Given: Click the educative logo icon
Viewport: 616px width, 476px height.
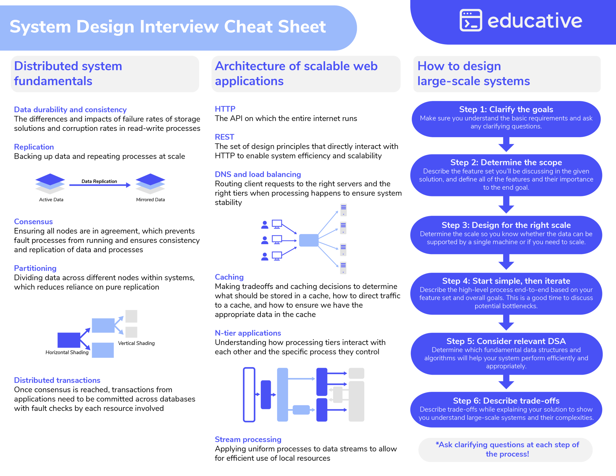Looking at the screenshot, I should tap(470, 20).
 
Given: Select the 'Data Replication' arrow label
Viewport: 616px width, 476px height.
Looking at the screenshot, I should tap(99, 181).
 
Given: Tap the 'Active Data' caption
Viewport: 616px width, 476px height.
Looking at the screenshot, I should tap(51, 200).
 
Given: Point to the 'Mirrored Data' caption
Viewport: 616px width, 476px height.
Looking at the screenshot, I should tap(150, 200).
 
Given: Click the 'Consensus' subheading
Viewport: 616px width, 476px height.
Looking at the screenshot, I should tap(33, 222).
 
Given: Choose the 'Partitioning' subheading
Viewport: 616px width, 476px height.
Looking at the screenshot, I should tap(35, 268).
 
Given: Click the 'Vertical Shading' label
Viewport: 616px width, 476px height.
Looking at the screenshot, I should tap(136, 343).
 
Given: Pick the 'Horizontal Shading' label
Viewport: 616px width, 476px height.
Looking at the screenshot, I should tap(67, 352).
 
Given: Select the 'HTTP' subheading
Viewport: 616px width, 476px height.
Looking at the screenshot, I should tap(225, 109).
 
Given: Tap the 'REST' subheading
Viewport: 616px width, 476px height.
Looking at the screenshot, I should tap(224, 137).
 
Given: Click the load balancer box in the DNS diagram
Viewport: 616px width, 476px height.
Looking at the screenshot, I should tap(309, 240).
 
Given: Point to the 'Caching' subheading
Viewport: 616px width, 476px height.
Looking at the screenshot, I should tap(229, 277).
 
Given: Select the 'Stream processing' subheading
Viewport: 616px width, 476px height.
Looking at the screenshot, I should tap(248, 439).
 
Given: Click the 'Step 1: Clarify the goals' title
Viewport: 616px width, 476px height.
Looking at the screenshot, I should tap(506, 109).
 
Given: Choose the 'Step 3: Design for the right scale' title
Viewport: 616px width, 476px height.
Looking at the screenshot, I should tap(506, 225).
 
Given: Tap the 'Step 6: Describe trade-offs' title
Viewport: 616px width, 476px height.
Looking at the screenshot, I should tap(506, 401).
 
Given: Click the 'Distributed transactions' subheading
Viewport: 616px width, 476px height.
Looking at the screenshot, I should tap(57, 380).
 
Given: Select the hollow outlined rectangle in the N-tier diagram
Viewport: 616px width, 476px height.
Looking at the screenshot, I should tap(249, 395).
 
